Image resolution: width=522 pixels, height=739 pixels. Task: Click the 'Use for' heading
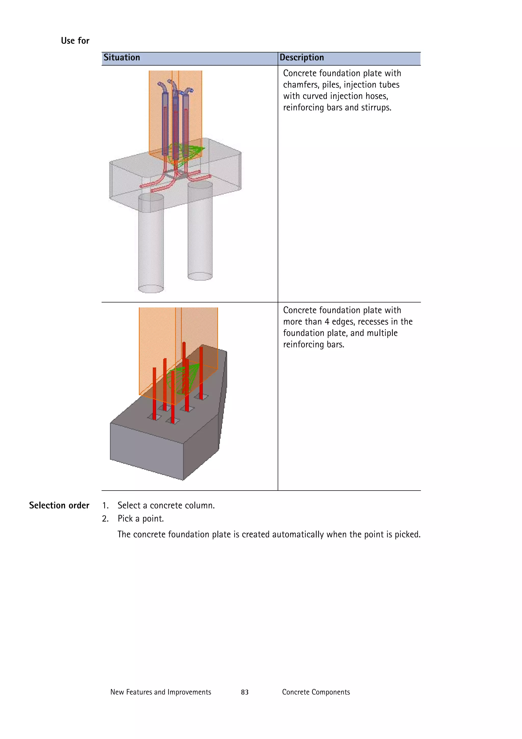75,41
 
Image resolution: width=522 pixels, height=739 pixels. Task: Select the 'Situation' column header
122,58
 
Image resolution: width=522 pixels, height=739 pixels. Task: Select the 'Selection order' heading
59,505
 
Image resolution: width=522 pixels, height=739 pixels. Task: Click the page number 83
244,692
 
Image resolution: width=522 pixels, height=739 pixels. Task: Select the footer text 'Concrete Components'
316,692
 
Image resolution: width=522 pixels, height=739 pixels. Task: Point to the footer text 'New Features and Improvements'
161,692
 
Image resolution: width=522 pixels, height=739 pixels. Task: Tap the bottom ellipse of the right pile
200,276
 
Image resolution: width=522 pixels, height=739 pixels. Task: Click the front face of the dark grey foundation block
146,450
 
